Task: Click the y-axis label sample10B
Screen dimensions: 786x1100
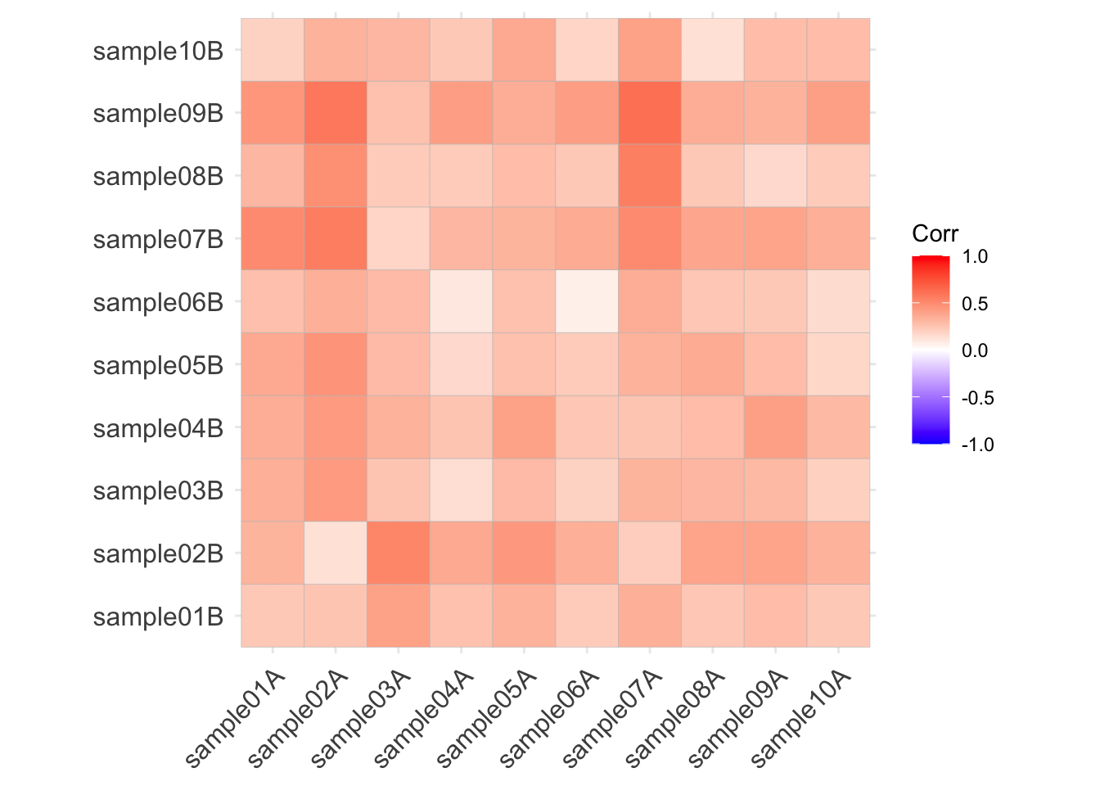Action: [x=158, y=51]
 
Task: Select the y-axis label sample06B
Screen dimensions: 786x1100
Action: [x=158, y=302]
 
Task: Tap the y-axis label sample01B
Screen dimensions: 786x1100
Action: [x=158, y=617]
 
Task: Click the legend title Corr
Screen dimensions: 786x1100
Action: [x=935, y=234]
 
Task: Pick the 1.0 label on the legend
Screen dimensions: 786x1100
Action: [x=975, y=256]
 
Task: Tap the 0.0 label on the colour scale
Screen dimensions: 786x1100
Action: [x=975, y=350]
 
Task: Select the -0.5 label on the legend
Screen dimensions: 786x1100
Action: [x=976, y=398]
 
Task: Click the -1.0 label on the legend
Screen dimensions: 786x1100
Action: [x=976, y=445]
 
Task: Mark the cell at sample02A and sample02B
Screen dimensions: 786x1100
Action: [x=336, y=553]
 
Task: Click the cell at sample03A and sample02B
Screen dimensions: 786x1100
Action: [x=399, y=553]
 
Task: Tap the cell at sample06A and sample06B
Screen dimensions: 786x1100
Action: [x=587, y=302]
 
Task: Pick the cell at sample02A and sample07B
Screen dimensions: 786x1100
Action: [x=336, y=239]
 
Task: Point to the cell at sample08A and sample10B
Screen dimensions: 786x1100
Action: [x=713, y=51]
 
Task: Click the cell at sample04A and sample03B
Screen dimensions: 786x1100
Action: [x=461, y=490]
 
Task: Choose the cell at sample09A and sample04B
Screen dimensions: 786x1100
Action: [x=776, y=427]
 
